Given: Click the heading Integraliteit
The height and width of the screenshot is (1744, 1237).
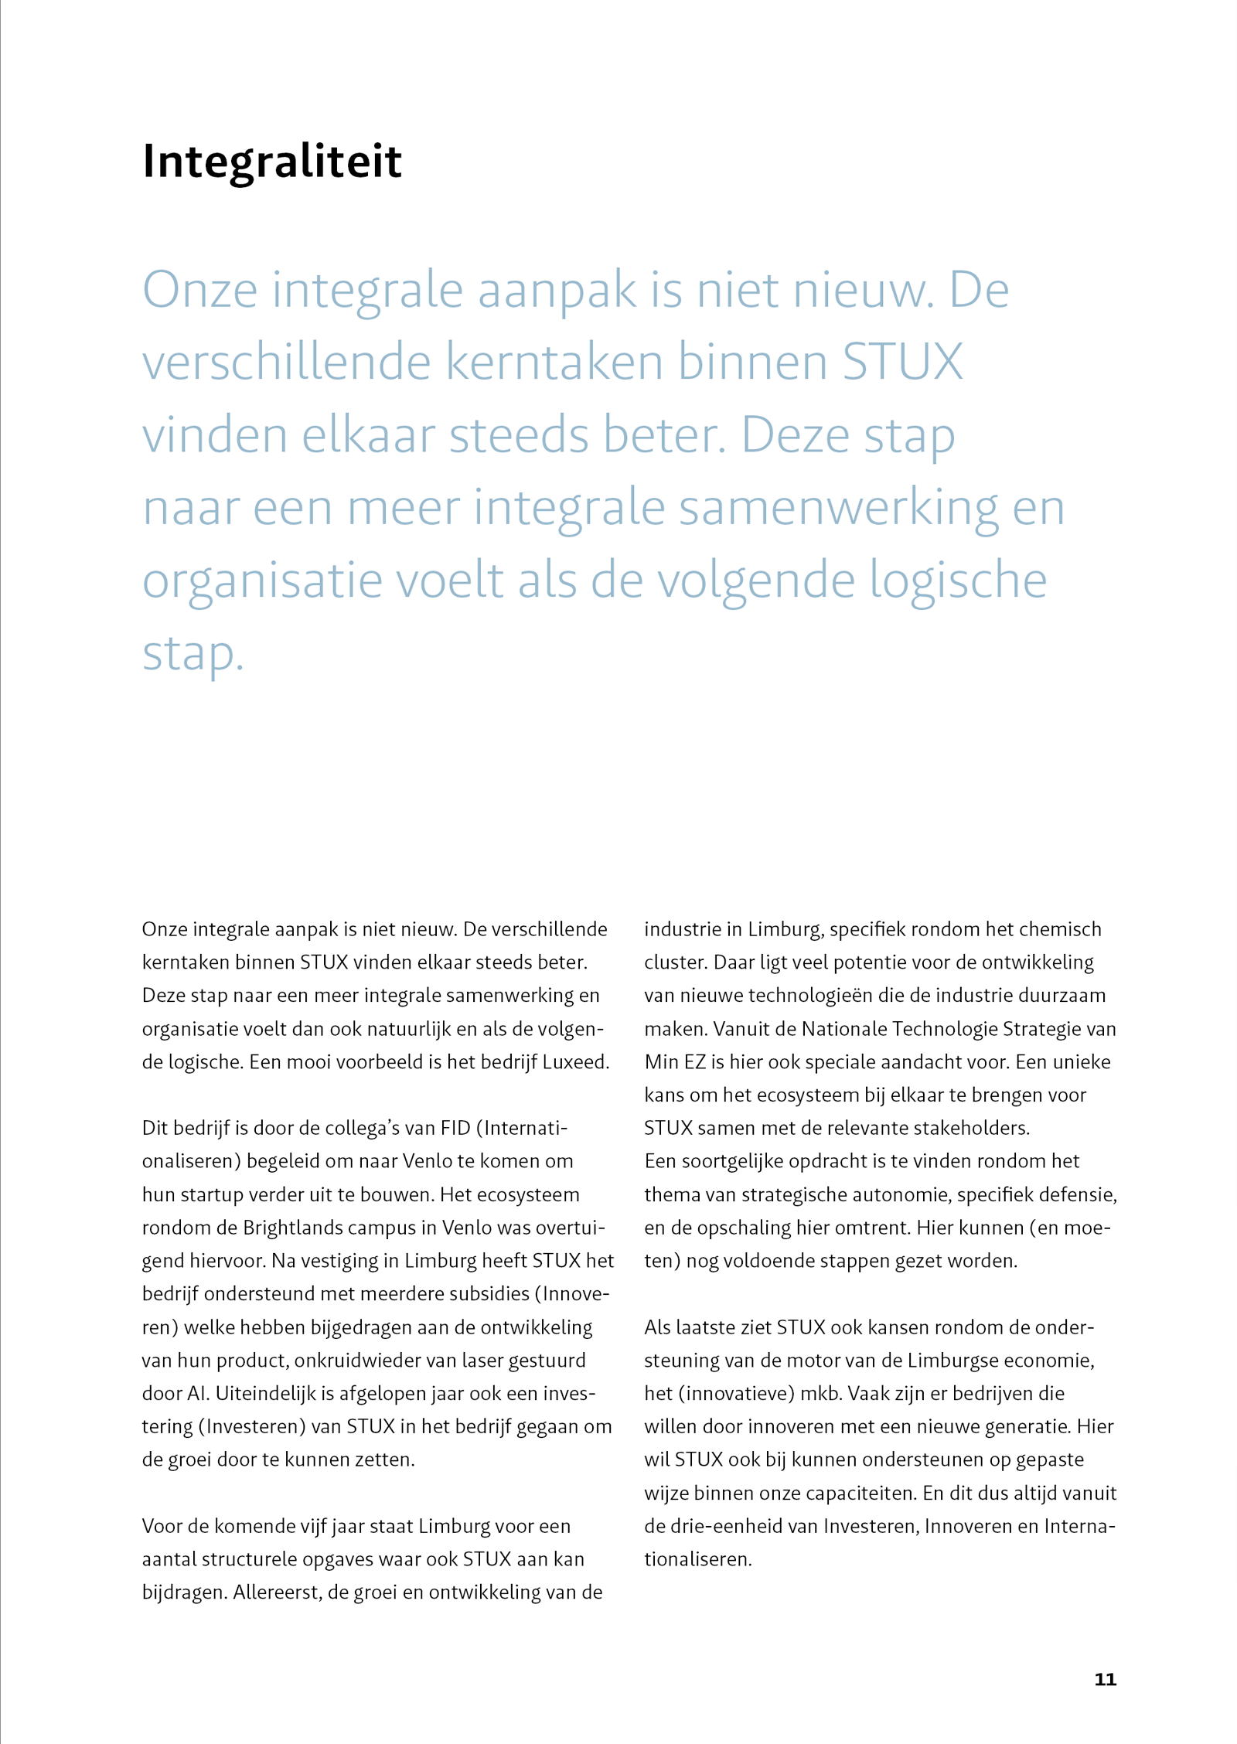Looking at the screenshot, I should [x=272, y=162].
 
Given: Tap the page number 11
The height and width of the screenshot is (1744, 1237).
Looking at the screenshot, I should [x=1105, y=1679].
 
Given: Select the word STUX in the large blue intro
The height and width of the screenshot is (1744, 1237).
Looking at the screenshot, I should [x=902, y=362].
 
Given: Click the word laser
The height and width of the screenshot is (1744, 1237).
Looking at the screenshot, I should [x=485, y=1361].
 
